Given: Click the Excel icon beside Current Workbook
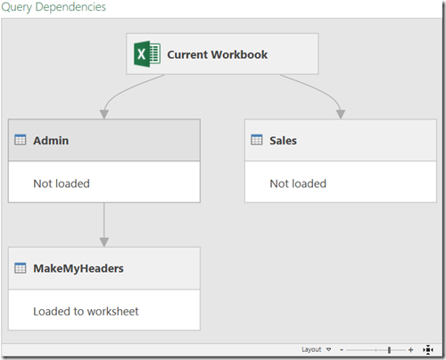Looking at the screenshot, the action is [147, 53].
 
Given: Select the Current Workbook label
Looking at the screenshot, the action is [218, 54].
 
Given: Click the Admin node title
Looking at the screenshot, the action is [51, 141].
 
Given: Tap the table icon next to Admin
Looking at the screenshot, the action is [21, 140].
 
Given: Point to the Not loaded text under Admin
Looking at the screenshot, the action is [62, 184].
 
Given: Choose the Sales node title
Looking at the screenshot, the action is [283, 141].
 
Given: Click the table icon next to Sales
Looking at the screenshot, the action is [257, 140].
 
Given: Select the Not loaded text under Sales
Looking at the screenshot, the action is [298, 184].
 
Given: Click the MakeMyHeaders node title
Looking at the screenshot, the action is [78, 268].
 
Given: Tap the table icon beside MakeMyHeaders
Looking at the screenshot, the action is [21, 268].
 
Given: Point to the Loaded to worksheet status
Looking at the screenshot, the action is [86, 311].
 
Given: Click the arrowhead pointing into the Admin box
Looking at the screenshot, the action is [104, 114].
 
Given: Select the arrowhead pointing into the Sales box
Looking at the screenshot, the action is [341, 114].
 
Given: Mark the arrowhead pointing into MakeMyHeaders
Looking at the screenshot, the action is [104, 242].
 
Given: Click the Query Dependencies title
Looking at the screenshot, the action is [54, 7].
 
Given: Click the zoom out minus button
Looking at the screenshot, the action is [342, 350].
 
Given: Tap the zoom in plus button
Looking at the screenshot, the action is [410, 350].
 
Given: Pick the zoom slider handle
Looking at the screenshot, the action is [389, 350].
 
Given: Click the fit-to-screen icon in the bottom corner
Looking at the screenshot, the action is [428, 350].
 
